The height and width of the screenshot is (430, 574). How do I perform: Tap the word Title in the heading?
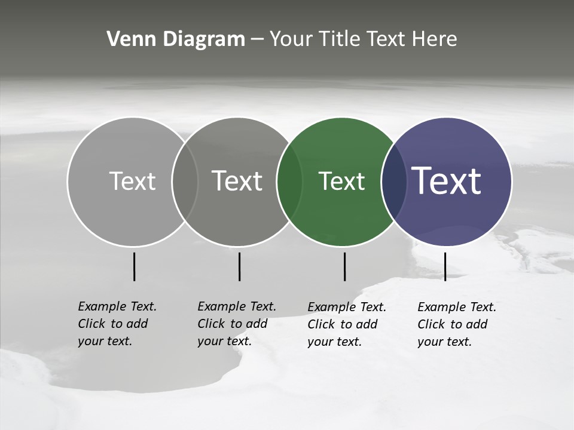339,39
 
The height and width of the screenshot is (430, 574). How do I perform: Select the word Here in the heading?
435,39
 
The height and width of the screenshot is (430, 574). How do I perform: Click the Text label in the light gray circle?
132,181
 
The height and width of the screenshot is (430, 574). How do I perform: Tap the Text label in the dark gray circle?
237,181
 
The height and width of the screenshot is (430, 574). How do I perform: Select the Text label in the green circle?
341,181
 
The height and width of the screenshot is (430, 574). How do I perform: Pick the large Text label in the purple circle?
447,181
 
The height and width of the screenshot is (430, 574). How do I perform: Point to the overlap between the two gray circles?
185,182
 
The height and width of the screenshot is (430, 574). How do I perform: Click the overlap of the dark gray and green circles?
289,182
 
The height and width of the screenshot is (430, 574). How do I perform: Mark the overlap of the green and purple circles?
394,182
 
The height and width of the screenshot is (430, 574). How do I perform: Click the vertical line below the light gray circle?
134,266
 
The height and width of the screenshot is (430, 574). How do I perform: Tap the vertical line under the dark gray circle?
239,266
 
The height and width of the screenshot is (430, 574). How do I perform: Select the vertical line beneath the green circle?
344,266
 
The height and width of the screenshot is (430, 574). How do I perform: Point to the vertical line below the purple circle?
445,266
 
